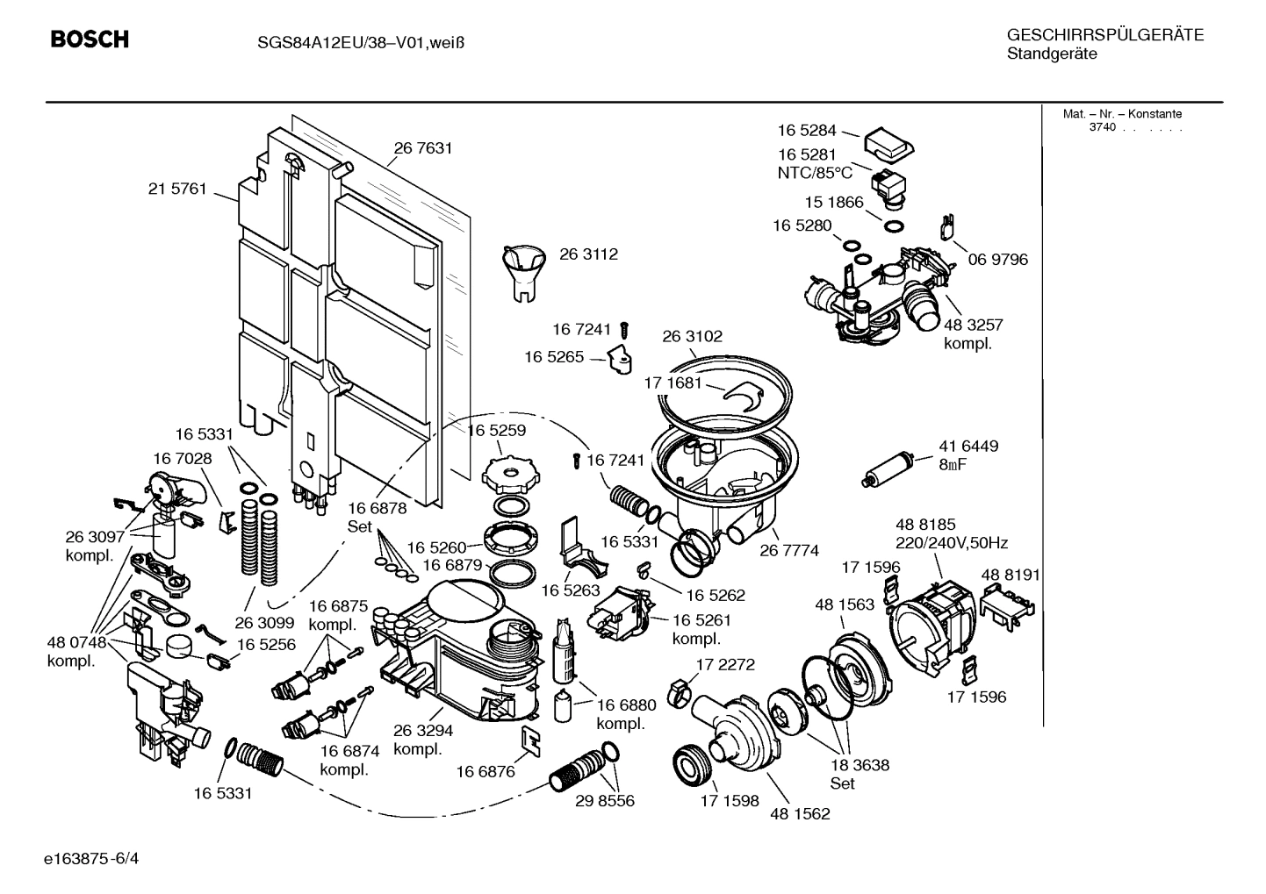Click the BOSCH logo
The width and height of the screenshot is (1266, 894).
(x=90, y=39)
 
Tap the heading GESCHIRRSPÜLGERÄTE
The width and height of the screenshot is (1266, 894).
(x=1104, y=35)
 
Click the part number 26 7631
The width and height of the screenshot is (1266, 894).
(x=423, y=148)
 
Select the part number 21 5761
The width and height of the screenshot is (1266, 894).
(x=177, y=188)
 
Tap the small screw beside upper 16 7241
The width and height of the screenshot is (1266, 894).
(x=625, y=330)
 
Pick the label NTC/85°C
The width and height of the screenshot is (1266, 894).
(x=814, y=173)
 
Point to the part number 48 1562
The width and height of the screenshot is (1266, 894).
(x=800, y=813)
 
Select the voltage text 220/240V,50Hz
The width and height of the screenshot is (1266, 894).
(x=952, y=543)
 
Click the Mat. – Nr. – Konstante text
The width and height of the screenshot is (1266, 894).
(x=1122, y=114)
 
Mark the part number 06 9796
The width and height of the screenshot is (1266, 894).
(x=997, y=259)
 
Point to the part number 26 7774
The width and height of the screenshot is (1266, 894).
(x=788, y=550)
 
